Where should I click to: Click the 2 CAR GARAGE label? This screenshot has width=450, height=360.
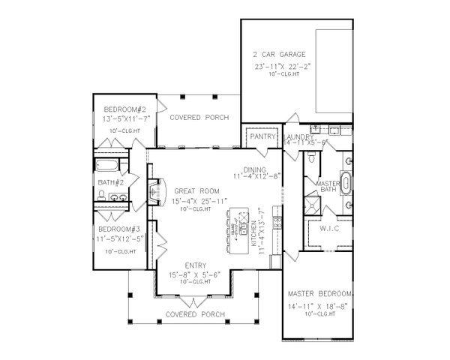point(278,55)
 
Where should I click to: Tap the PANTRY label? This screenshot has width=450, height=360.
point(263,137)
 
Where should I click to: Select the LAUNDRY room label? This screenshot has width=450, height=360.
point(299,136)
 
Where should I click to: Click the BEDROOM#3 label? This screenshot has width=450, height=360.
point(118,229)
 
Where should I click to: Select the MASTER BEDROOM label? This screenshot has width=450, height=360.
point(321,291)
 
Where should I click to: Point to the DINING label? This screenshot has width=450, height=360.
point(255,169)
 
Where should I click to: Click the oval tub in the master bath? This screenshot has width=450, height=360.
point(346,182)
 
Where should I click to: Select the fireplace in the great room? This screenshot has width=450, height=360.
point(154,192)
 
